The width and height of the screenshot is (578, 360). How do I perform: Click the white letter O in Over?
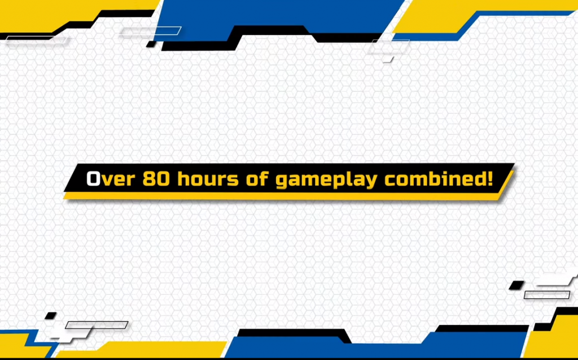click(93, 179)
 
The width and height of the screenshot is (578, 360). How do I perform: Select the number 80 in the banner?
click(156, 179)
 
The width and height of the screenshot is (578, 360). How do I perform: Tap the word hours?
click(208, 179)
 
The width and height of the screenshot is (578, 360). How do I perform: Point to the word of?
click(257, 179)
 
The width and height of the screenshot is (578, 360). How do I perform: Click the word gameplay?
click(326, 180)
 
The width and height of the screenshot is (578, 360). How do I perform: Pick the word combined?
click(434, 179)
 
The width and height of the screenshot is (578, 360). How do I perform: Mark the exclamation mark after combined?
click(489, 179)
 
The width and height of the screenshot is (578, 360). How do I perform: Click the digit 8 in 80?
click(149, 179)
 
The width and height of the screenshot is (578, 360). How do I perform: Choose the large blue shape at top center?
click(280, 16)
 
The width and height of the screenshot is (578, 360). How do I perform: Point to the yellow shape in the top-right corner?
click(479, 15)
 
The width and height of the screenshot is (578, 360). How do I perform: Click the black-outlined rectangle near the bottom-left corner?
click(97, 325)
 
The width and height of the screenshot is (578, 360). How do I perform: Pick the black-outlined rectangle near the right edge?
click(547, 295)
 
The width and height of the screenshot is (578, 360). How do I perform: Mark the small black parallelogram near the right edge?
click(517, 285)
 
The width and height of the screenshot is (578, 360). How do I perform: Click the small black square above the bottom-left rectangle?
click(50, 316)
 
